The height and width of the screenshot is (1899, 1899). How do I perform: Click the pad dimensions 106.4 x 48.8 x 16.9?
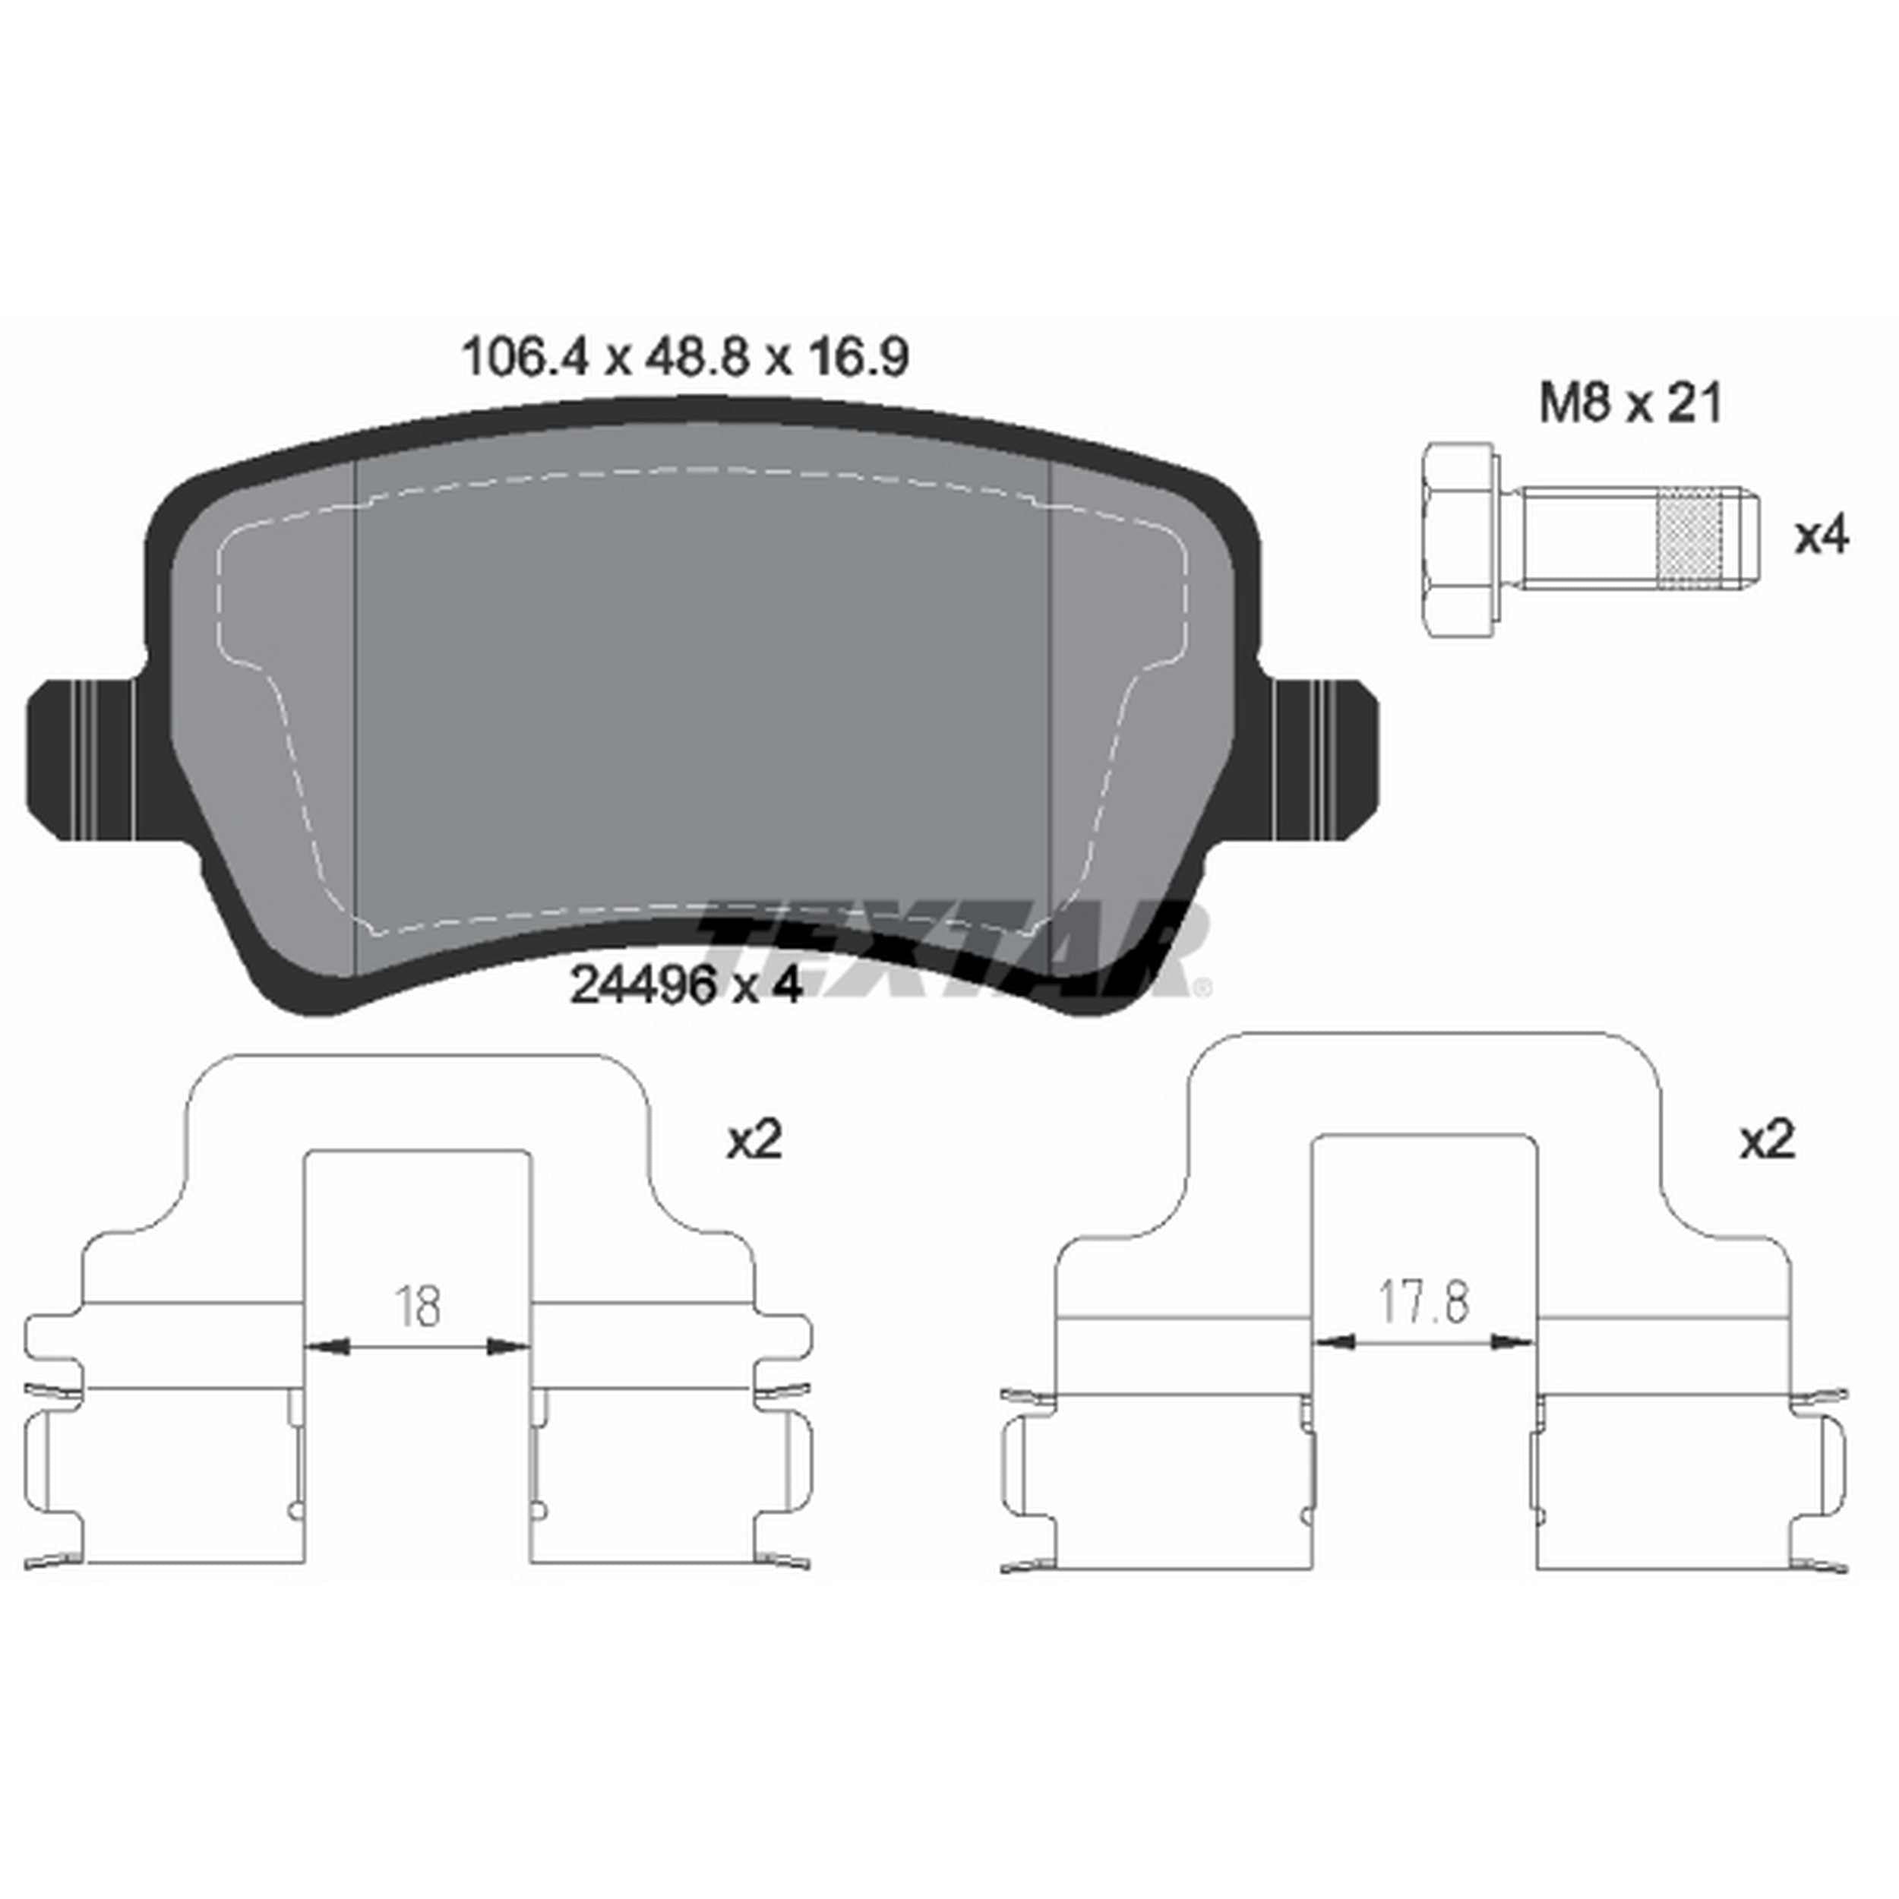pyautogui.click(x=685, y=358)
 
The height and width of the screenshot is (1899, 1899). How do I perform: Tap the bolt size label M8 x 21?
pyautogui.click(x=1629, y=404)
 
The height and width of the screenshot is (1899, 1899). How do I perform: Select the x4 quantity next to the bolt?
pyautogui.click(x=1822, y=538)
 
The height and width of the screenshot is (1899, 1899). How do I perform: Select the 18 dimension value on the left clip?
pyautogui.click(x=418, y=1307)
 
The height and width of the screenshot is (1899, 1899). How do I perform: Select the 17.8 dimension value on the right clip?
pyautogui.click(x=1423, y=1303)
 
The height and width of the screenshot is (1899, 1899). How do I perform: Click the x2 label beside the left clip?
pyautogui.click(x=754, y=1141)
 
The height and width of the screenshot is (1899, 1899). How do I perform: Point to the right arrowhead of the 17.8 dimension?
pyautogui.click(x=1512, y=1341)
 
